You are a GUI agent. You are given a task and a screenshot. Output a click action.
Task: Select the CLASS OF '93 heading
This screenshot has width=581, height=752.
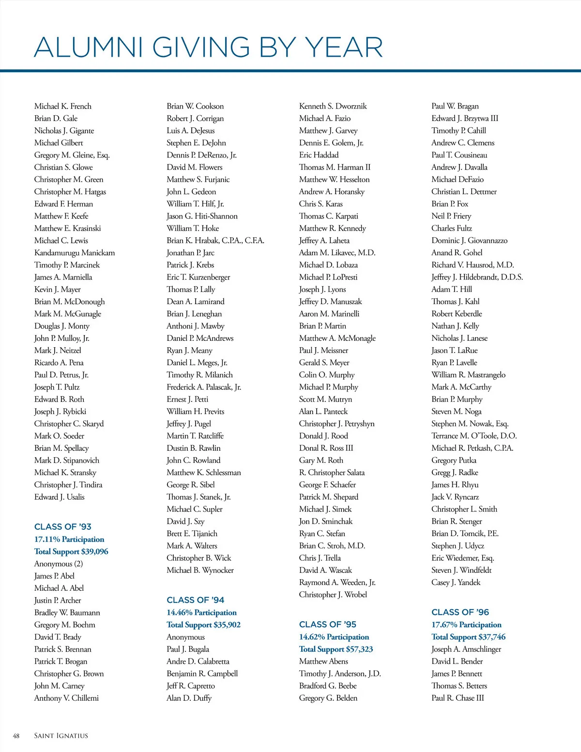[63, 527]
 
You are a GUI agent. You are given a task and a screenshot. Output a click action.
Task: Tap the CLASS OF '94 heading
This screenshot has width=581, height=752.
[196, 600]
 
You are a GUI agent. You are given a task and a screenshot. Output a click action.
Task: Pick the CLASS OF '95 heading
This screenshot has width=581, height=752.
[328, 625]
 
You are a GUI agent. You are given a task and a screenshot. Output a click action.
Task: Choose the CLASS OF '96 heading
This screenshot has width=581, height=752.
[460, 613]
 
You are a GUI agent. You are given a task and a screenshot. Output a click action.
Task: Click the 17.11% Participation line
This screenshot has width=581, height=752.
[69, 539]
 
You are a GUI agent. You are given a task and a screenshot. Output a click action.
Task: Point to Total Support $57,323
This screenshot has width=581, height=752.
[336, 649]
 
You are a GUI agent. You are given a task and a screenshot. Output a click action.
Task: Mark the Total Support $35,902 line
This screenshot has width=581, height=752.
[203, 625]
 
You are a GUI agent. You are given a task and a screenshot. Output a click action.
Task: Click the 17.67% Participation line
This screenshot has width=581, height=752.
[466, 625]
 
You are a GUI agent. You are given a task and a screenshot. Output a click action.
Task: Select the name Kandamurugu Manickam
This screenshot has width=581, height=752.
[75, 253]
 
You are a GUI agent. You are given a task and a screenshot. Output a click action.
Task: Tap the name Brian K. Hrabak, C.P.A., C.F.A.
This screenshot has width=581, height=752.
[215, 241]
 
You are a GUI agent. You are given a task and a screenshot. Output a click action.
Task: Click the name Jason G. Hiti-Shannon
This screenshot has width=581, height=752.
[202, 216]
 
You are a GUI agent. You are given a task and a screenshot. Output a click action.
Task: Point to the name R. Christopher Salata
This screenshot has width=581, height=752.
[332, 473]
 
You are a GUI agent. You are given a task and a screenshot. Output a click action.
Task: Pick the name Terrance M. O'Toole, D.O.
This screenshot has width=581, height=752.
[474, 436]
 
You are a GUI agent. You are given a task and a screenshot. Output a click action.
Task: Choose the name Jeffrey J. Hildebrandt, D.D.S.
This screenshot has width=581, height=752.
[477, 277]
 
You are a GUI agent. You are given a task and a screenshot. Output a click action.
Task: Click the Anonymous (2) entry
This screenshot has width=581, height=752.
[59, 564]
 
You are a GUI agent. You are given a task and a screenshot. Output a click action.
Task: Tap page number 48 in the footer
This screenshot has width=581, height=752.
[16, 736]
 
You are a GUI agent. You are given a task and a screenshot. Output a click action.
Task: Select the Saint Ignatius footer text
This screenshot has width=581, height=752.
[61, 736]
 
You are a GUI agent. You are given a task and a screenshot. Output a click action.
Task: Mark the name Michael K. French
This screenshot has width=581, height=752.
[63, 107]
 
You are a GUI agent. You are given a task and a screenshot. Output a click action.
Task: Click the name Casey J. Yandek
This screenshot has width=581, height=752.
[456, 583]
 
